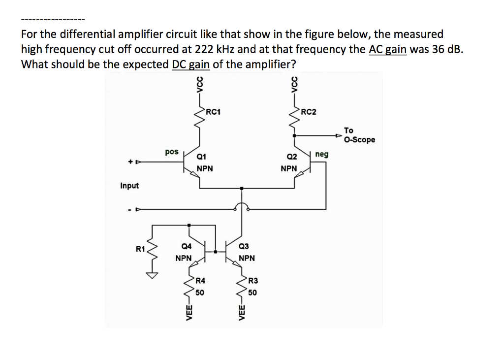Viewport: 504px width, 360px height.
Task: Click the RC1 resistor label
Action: [213, 111]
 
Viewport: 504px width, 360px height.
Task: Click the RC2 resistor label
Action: [308, 111]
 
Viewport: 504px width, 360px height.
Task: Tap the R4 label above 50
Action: [200, 281]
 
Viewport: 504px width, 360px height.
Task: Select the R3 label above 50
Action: [253, 281]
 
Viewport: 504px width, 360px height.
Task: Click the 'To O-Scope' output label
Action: [359, 135]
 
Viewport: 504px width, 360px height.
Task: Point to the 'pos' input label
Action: [172, 152]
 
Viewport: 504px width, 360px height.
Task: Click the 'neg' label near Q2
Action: [321, 154]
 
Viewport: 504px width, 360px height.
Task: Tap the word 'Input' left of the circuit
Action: [129, 186]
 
